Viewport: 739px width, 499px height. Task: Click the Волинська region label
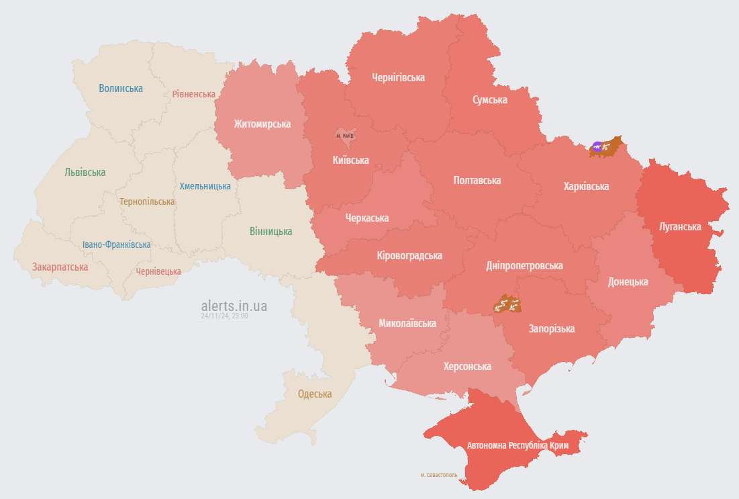[x=121, y=88]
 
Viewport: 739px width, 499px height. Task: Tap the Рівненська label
[x=193, y=94]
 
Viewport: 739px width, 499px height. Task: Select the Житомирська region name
[x=262, y=124]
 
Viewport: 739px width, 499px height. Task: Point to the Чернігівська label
[x=398, y=77]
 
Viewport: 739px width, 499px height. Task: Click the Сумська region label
[x=490, y=99]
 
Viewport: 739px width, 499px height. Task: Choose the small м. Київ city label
[x=344, y=136]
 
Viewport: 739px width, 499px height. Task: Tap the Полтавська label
[x=477, y=180]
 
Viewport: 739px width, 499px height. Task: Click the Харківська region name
[x=586, y=186]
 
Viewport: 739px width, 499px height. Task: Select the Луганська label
[x=679, y=226]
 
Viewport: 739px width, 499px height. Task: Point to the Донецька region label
[x=628, y=281]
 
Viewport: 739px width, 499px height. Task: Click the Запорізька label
[x=552, y=328]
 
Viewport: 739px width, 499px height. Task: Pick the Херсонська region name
[x=467, y=366]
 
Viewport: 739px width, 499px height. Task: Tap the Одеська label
[x=315, y=394]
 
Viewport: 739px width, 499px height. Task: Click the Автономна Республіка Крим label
[x=518, y=446]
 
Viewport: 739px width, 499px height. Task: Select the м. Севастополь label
[x=439, y=475]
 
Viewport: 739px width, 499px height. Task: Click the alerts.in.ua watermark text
[x=234, y=306]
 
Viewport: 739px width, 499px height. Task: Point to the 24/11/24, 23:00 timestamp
[x=224, y=316]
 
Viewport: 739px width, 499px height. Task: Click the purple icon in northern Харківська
[x=597, y=146]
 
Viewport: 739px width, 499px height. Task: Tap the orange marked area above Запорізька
[x=507, y=304]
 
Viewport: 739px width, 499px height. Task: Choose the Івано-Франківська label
[x=117, y=244]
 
